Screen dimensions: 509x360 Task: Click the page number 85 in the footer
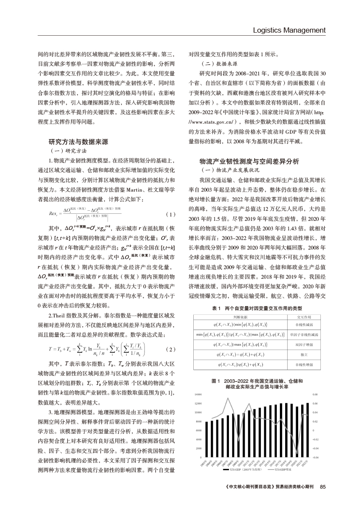(x=323, y=487)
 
